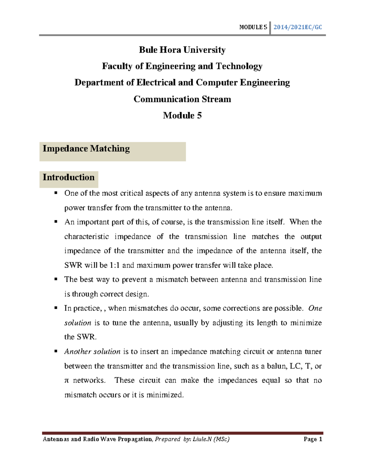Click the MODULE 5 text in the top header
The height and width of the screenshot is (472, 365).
click(x=253, y=27)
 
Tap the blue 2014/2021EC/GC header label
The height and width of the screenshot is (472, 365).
click(x=297, y=27)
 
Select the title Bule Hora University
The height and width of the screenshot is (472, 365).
click(x=182, y=50)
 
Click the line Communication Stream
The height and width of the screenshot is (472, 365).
click(x=182, y=99)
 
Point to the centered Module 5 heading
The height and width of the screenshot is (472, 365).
click(x=182, y=115)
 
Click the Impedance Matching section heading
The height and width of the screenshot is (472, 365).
click(x=86, y=149)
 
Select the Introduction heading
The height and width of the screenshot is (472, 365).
click(x=68, y=177)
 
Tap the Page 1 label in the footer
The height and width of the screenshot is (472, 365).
click(x=313, y=439)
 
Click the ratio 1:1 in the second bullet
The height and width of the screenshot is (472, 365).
click(x=115, y=265)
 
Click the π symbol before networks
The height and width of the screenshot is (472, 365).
click(x=67, y=381)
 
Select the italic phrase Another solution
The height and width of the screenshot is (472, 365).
click(x=92, y=352)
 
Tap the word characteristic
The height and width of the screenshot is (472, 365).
click(x=86, y=237)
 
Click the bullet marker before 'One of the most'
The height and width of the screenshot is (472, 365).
click(x=56, y=193)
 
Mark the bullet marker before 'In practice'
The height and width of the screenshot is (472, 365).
click(x=56, y=308)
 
